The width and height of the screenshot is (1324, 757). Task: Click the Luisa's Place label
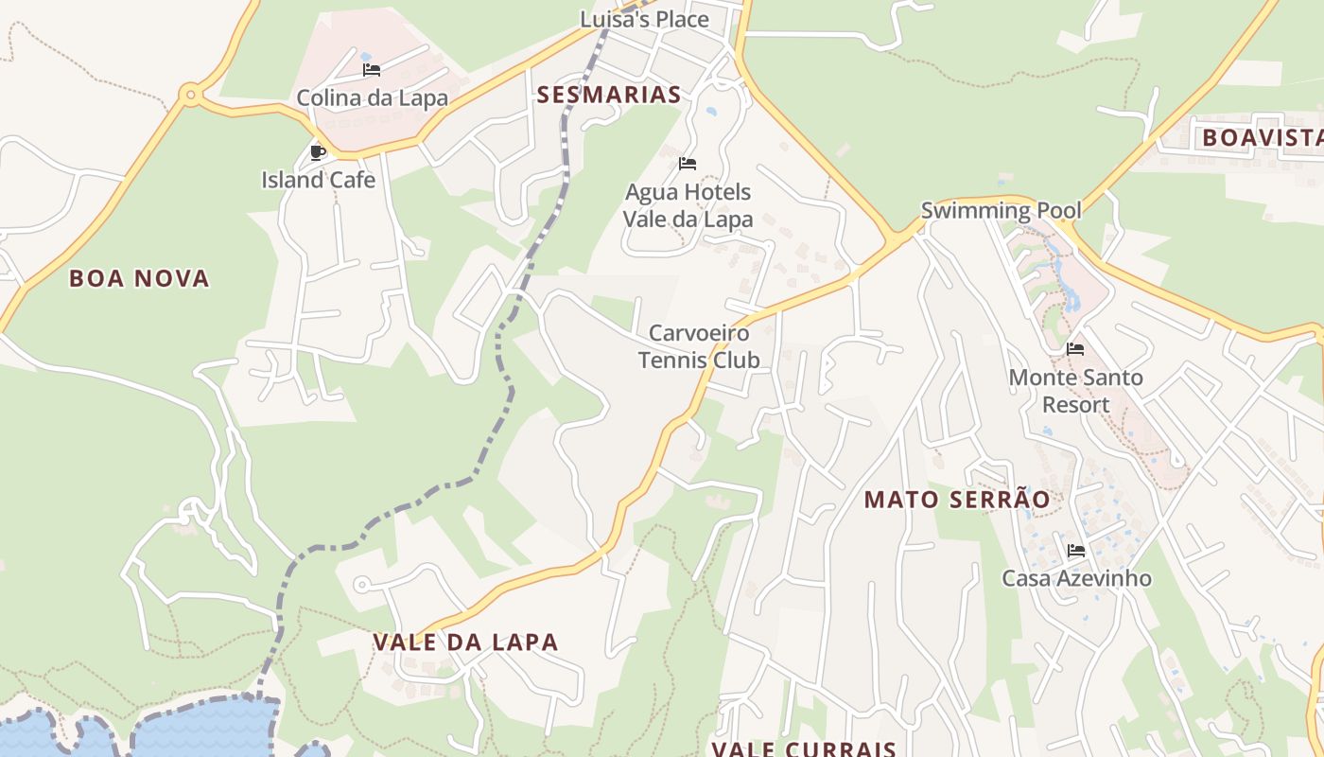[x=644, y=19]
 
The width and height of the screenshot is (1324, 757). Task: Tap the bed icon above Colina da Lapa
[x=372, y=70]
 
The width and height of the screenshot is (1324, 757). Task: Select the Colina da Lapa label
[x=372, y=97]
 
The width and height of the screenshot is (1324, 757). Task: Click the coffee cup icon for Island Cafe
[x=318, y=152]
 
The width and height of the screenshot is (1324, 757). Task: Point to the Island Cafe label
[x=318, y=180]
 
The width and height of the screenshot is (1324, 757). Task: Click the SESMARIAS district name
[x=609, y=95]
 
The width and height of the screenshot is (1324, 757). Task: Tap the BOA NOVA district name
[x=139, y=278]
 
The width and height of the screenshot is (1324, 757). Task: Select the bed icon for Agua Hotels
[x=688, y=164]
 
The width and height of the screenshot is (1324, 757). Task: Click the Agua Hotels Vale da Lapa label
[x=688, y=205]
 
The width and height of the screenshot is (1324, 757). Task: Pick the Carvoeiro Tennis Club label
[x=699, y=346]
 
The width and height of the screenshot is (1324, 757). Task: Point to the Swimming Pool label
[x=1001, y=210]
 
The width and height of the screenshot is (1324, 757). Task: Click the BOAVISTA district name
[x=1262, y=138]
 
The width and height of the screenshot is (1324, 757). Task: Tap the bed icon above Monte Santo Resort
[x=1075, y=349]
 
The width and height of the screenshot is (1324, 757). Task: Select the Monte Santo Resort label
[x=1075, y=391]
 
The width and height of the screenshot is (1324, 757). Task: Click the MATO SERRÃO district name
[x=956, y=500]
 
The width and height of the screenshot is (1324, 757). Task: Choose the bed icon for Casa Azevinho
[x=1075, y=551]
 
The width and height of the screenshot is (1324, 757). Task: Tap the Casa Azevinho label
[x=1076, y=578]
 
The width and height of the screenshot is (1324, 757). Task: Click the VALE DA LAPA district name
[x=465, y=642]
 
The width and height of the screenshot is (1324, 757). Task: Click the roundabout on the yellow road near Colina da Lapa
[x=191, y=94]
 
